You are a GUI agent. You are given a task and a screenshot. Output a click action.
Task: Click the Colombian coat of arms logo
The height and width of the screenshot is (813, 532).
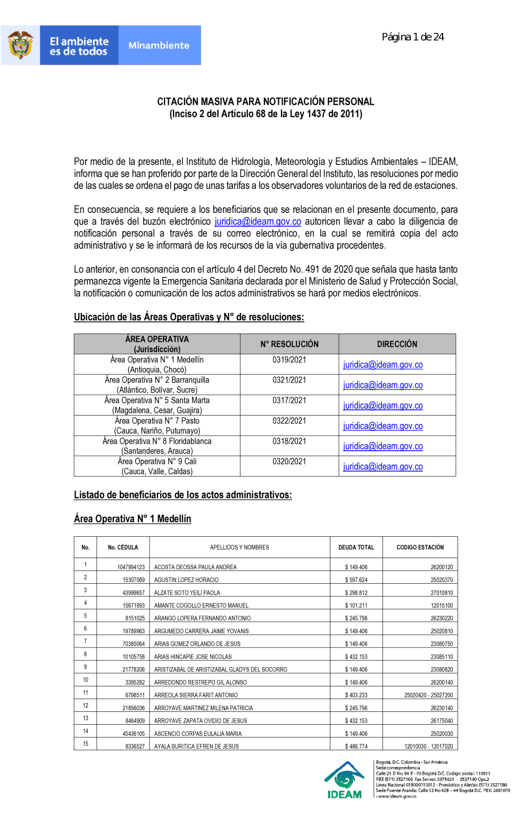[x=20, y=45]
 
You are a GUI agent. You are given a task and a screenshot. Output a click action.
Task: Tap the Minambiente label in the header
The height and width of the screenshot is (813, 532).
[x=159, y=46]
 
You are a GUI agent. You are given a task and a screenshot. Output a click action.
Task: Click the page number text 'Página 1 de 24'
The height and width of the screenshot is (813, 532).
[x=413, y=37]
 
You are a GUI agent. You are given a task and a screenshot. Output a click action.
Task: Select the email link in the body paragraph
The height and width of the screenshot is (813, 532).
[x=257, y=221]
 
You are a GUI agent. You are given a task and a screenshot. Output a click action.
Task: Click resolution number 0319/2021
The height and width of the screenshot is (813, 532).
[x=289, y=360]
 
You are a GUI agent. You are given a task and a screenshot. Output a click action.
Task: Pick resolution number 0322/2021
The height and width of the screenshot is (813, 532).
[x=289, y=421]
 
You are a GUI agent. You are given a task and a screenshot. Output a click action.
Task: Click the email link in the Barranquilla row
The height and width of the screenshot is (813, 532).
[x=383, y=385]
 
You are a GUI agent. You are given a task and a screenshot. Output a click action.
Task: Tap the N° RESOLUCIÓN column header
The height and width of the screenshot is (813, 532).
[x=289, y=344]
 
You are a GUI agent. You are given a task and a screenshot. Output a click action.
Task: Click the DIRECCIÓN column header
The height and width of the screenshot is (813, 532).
[x=397, y=344]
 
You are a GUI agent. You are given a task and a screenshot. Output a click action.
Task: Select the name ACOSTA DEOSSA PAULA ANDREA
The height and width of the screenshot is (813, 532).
[x=195, y=567]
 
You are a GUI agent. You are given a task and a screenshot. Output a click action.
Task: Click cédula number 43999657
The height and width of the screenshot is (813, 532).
[x=134, y=593]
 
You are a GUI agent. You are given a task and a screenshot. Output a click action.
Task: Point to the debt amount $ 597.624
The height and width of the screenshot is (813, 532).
[x=356, y=580]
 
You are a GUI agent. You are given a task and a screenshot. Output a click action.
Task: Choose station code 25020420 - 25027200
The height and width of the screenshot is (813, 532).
[x=428, y=695]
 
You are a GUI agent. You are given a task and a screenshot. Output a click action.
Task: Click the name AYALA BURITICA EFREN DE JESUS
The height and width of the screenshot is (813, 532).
[x=196, y=746]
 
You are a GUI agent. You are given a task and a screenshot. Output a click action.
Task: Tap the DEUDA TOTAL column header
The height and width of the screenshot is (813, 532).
[x=356, y=547]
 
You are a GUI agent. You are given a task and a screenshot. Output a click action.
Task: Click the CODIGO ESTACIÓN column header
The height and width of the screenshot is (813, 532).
[x=420, y=547]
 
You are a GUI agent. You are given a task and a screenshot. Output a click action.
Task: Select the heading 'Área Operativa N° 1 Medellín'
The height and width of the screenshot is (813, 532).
[x=132, y=519]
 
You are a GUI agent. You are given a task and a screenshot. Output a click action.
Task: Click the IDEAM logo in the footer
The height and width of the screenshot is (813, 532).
[x=345, y=780]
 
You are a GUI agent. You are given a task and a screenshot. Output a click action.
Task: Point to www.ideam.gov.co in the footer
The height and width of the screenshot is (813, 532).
[x=397, y=797]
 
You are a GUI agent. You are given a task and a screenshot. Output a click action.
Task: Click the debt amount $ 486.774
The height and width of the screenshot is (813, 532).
[x=356, y=746]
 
